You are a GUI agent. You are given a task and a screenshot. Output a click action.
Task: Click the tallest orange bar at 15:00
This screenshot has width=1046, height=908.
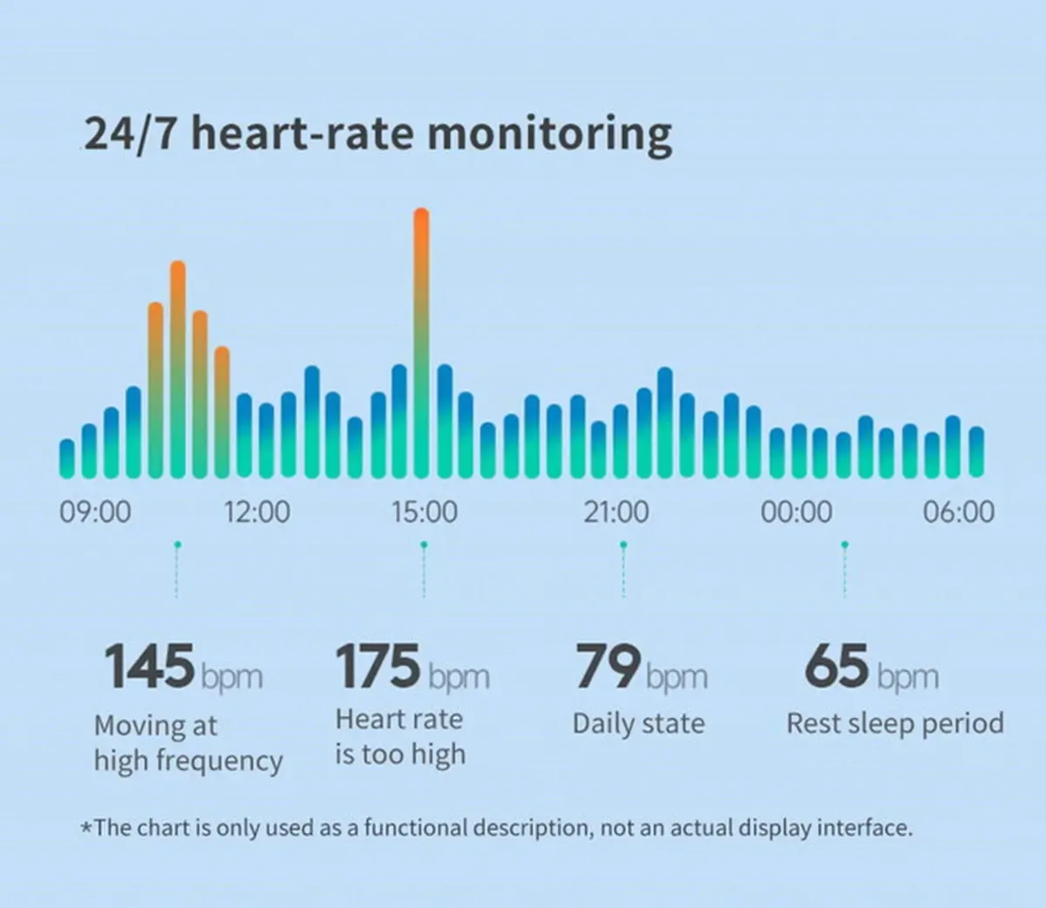[421, 343]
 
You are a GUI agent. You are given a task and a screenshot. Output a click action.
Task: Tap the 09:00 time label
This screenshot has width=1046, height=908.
[95, 512]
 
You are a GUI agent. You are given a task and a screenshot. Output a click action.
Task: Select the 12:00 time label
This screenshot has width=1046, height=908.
[257, 512]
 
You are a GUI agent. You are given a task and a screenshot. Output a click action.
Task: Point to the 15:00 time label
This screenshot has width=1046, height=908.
[425, 512]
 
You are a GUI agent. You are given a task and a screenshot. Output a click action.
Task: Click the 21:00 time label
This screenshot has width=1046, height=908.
[616, 512]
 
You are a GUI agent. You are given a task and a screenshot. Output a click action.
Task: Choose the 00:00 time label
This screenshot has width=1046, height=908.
[796, 512]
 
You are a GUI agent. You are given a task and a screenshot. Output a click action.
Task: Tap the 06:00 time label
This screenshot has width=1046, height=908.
[959, 512]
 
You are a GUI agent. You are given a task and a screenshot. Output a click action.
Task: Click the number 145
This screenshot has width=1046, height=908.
[149, 667]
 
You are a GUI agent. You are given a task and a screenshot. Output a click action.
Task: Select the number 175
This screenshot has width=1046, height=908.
[378, 667]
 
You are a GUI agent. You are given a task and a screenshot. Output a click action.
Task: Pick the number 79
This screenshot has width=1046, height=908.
[608, 667]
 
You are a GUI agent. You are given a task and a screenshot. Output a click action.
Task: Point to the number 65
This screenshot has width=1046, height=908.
[837, 667]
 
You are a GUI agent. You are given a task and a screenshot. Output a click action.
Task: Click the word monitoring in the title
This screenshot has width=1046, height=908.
[550, 135]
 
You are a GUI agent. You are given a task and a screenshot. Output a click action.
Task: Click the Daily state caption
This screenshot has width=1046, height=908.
[638, 723]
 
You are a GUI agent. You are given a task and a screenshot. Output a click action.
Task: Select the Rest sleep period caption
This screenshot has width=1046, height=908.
[895, 723]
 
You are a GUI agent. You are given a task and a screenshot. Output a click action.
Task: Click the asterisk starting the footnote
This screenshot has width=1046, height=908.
[86, 828]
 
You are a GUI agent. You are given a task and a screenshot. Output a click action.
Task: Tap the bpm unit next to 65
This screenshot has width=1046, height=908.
[907, 676]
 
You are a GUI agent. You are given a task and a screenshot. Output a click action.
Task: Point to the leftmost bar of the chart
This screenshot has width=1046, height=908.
[67, 458]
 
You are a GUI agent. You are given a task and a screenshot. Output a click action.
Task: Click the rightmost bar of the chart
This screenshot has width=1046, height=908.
[976, 452]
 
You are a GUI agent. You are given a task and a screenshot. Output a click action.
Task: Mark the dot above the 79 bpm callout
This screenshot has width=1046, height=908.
[623, 545]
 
